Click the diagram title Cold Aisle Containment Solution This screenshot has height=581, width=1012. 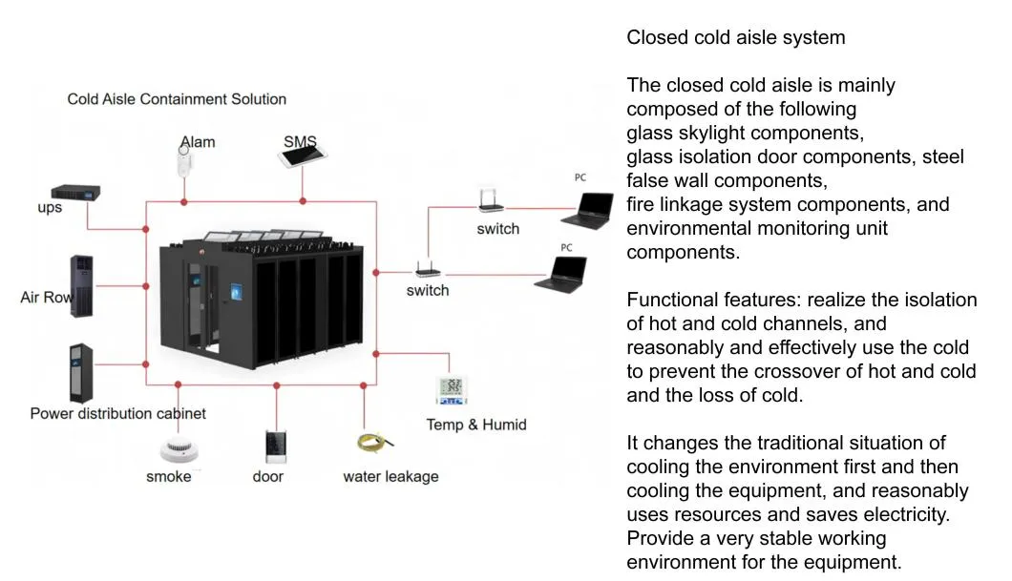click(177, 99)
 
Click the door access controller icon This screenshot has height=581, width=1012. click(275, 446)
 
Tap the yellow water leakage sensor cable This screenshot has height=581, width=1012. click(369, 442)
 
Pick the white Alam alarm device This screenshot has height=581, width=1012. click(183, 160)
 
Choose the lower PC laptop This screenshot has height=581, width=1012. click(560, 274)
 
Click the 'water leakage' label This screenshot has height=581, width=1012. click(390, 476)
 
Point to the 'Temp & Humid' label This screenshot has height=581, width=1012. click(475, 425)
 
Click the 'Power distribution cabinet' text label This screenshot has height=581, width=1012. click(117, 413)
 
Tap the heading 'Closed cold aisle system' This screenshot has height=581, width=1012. click(735, 38)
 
